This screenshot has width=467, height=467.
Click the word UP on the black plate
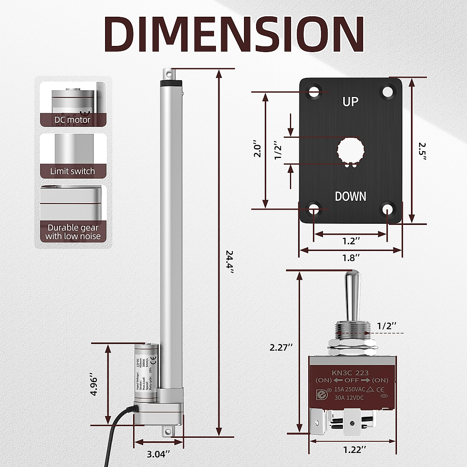point(350,102)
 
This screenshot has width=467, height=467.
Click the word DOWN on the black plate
point(350,196)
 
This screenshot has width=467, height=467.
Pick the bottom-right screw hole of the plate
point(387,209)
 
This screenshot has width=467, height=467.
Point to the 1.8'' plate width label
point(350,258)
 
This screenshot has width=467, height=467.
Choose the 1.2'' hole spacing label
point(349,241)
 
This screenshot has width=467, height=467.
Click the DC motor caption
point(72,119)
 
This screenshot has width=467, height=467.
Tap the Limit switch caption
point(72,171)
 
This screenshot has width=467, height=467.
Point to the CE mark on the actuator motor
point(153,360)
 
